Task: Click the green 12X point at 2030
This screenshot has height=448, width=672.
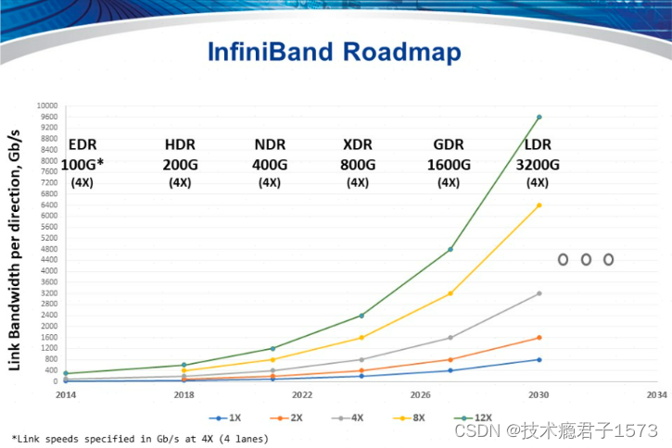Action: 539,117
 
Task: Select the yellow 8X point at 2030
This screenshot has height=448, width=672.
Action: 539,205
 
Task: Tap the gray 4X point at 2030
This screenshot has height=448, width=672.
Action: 539,293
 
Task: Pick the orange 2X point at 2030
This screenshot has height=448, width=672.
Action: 539,338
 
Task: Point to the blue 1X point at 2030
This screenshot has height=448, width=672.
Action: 539,360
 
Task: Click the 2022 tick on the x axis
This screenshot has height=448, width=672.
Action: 301,393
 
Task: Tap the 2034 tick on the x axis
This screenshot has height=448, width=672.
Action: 657,393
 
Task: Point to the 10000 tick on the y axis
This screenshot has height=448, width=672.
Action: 47,106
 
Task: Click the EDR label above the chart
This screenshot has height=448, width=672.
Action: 83,145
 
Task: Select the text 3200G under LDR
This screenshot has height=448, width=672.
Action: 538,165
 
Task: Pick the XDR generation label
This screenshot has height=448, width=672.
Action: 358,145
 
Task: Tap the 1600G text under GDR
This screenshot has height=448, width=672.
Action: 449,165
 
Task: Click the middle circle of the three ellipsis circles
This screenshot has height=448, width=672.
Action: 586,259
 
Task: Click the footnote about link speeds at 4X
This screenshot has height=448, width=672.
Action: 140,437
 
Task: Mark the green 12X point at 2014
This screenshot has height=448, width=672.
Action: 65,374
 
